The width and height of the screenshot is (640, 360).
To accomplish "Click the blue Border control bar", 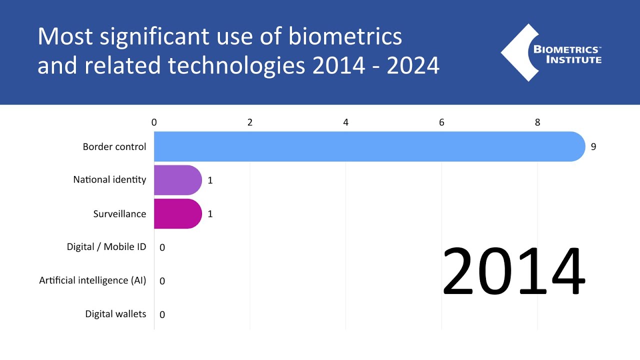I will [x=369, y=146].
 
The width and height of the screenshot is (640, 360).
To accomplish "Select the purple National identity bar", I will [x=177, y=180].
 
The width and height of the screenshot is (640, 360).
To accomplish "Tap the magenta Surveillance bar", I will [x=177, y=213].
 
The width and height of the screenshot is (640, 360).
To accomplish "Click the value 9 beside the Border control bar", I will [x=593, y=147].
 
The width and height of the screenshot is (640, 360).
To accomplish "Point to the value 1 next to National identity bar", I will [x=210, y=180].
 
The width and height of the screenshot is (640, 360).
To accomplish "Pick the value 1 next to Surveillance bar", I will [x=210, y=214].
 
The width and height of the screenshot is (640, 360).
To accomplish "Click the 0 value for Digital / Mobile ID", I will [x=162, y=247].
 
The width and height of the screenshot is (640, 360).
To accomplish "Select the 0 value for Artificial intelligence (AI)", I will [x=162, y=281].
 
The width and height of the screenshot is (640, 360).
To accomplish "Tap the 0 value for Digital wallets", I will [x=162, y=314].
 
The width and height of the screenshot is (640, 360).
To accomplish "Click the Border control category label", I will [x=114, y=147].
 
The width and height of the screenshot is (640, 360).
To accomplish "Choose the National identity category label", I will [x=109, y=179].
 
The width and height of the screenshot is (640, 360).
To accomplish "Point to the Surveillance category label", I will [x=119, y=214].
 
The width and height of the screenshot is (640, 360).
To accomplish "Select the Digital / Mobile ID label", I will [x=106, y=247].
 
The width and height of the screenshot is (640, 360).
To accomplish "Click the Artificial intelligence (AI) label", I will [x=92, y=280].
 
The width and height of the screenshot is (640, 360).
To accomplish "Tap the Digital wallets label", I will [x=115, y=314].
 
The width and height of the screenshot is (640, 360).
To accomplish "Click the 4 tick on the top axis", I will [x=346, y=122].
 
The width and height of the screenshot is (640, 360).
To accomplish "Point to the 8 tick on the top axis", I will [x=537, y=122].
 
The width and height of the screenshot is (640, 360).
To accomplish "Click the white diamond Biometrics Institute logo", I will [x=520, y=52].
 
